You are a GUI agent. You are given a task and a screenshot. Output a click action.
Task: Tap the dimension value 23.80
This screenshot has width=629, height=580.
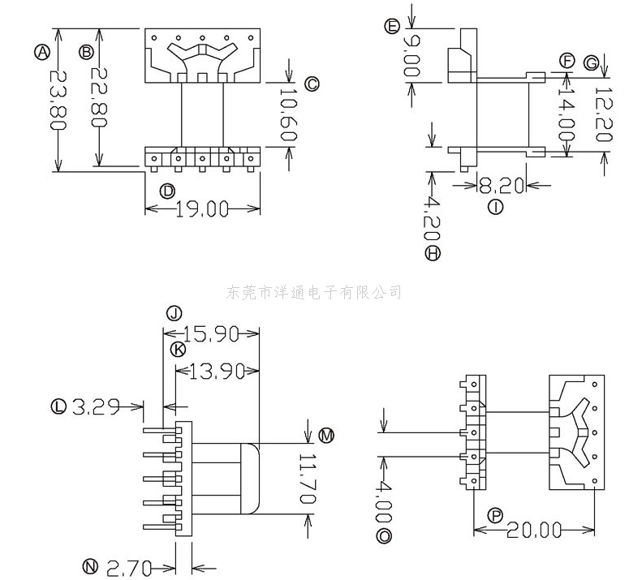57,99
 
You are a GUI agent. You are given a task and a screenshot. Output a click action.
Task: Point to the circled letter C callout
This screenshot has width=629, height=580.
312,84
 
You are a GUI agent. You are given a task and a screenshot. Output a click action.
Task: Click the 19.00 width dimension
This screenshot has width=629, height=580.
202,209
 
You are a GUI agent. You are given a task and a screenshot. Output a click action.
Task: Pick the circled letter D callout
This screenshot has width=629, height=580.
167,191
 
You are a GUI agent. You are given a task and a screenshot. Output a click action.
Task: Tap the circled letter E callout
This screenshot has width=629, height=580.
393,27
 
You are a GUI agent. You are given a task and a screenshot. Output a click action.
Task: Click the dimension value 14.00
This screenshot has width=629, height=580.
565,114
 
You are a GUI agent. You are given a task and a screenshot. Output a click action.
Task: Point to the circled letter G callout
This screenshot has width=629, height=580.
591,62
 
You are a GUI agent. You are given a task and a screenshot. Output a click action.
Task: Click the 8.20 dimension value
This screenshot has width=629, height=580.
496,186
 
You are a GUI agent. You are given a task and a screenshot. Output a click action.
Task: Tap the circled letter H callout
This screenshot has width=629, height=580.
433,254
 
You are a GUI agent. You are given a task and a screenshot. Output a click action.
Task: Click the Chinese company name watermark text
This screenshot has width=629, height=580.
314,292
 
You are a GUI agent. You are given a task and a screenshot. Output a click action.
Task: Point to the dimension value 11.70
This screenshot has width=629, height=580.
305,479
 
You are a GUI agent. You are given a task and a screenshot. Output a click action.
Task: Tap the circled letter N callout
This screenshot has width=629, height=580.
91,565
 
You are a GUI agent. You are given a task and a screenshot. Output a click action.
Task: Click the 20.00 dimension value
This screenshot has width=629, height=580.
534,531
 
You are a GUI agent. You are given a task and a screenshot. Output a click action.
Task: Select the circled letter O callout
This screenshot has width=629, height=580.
385,536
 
